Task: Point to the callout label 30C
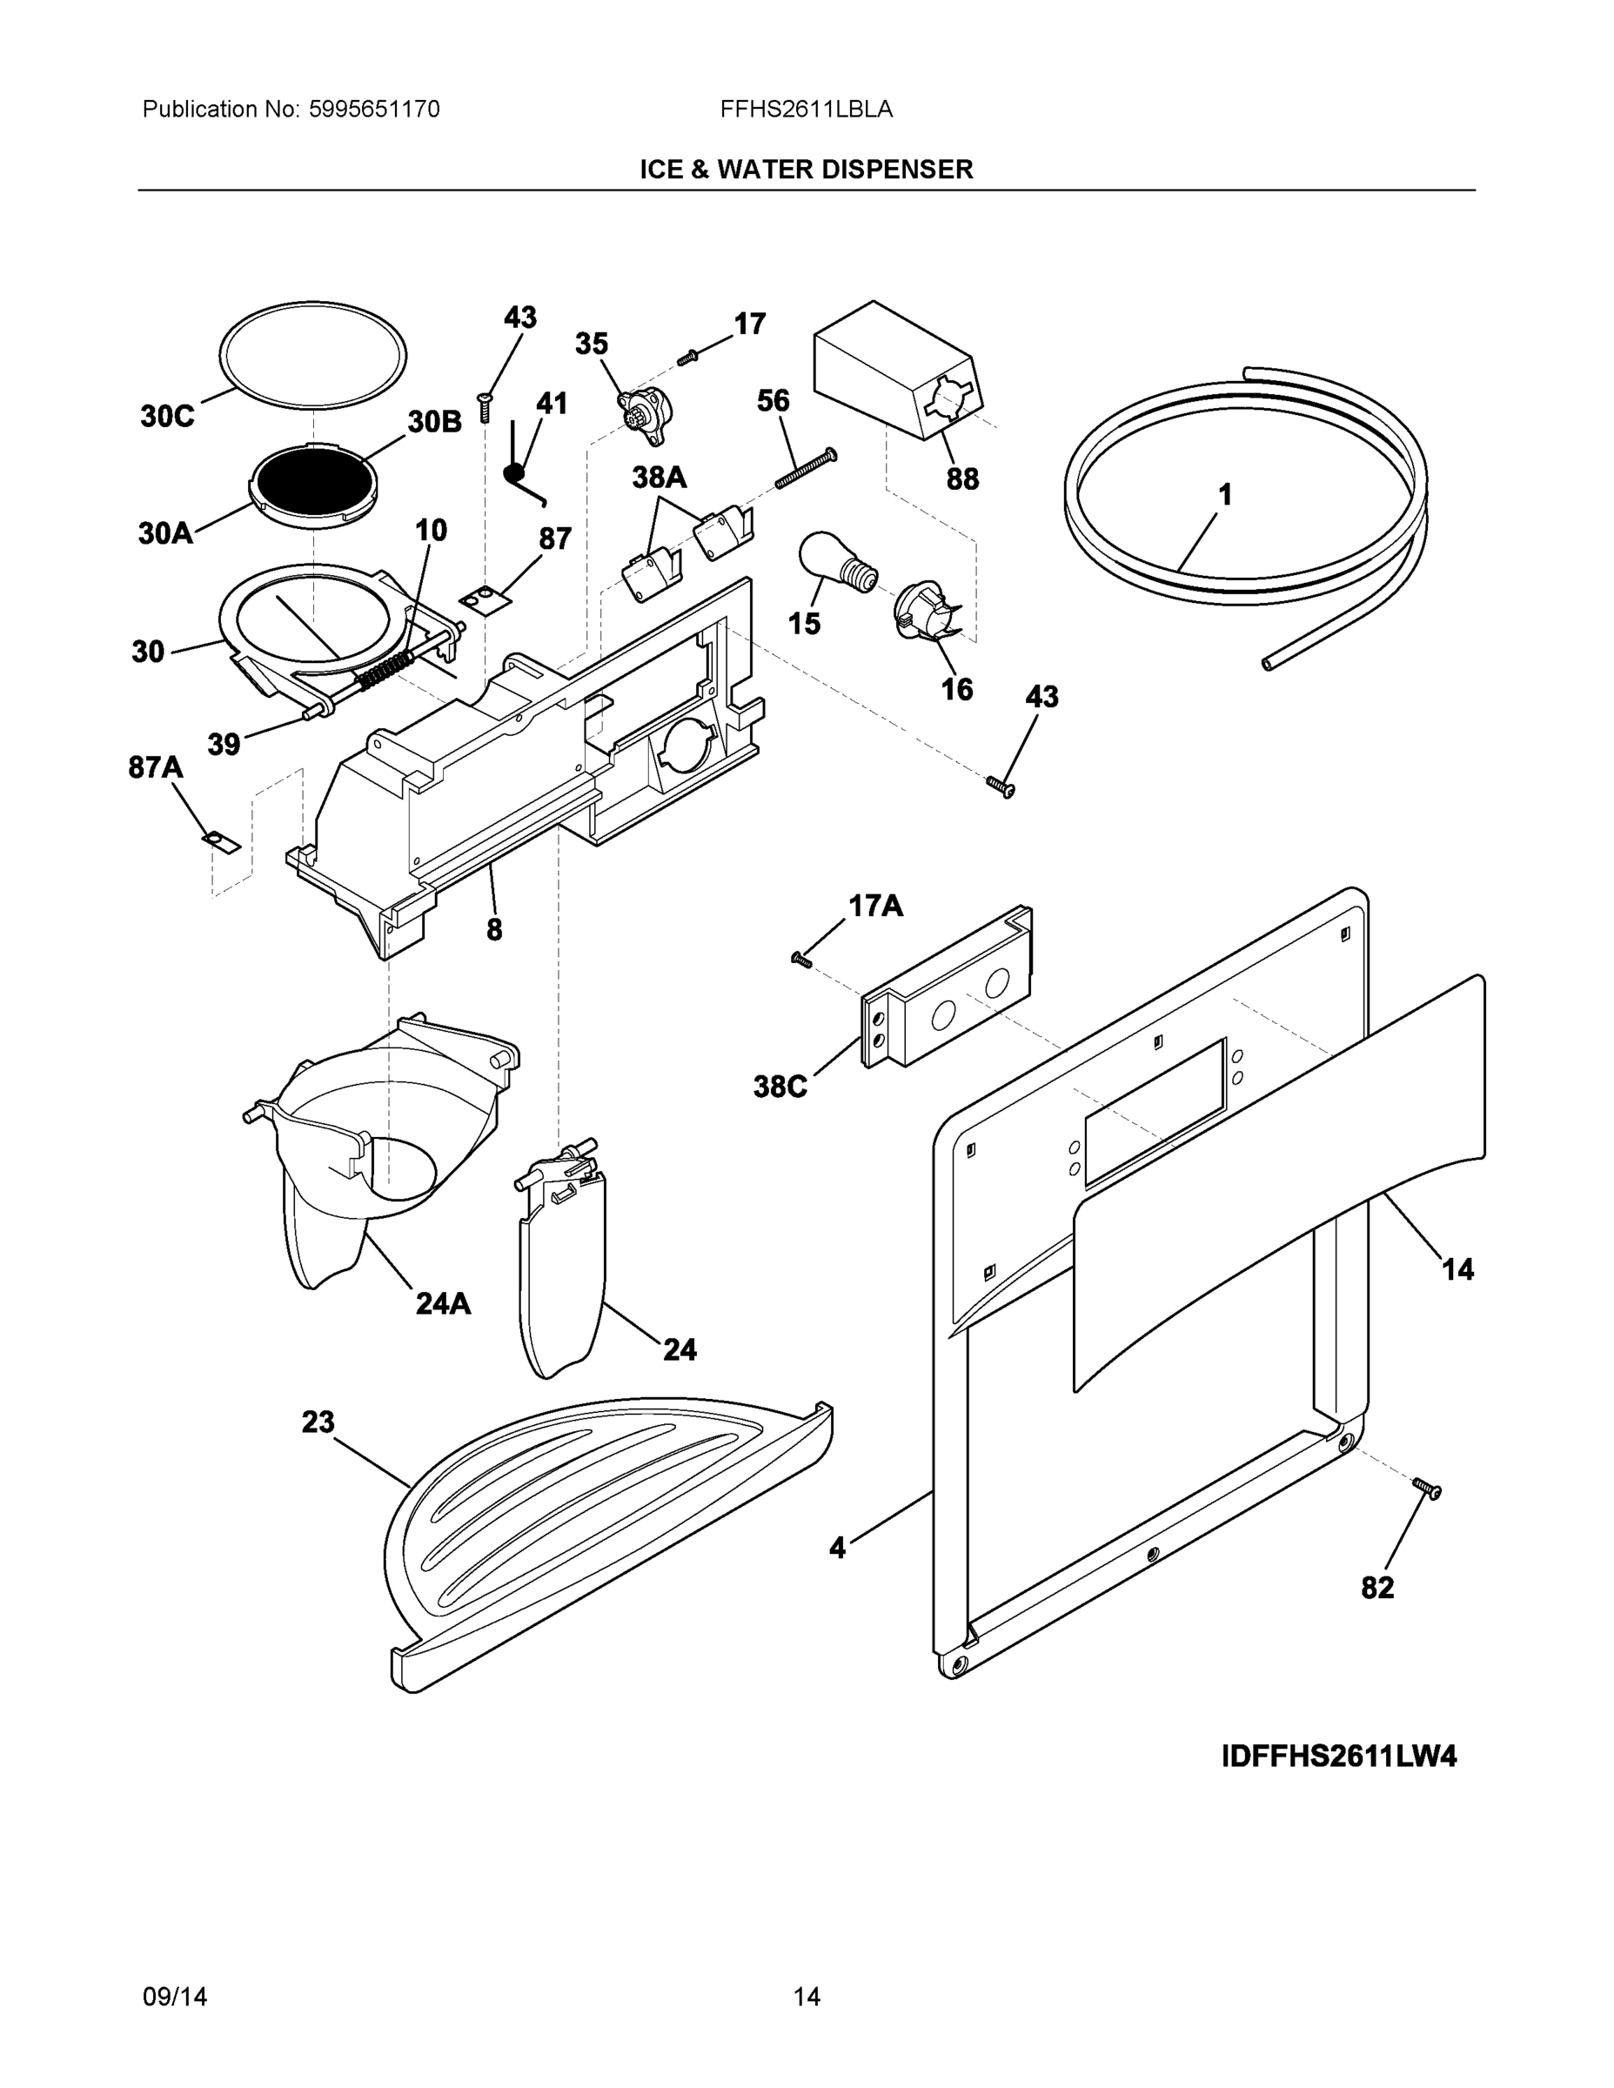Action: (x=167, y=416)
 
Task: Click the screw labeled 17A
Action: (x=800, y=959)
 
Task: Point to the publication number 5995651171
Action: (x=374, y=109)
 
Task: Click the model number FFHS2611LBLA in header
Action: (x=806, y=109)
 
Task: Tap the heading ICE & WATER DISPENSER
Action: (x=806, y=170)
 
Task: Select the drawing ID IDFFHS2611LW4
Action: (x=1339, y=1757)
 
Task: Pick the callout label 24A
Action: (x=443, y=1303)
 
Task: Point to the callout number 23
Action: (x=318, y=1422)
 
